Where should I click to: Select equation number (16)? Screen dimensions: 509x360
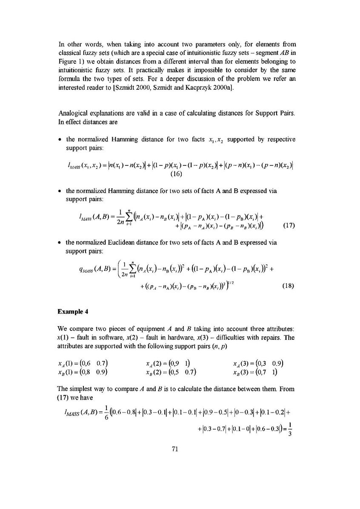[177, 173]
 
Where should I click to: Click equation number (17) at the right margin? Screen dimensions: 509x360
[289, 226]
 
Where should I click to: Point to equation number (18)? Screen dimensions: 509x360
[289, 286]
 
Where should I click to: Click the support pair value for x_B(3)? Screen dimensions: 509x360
[270, 373]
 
